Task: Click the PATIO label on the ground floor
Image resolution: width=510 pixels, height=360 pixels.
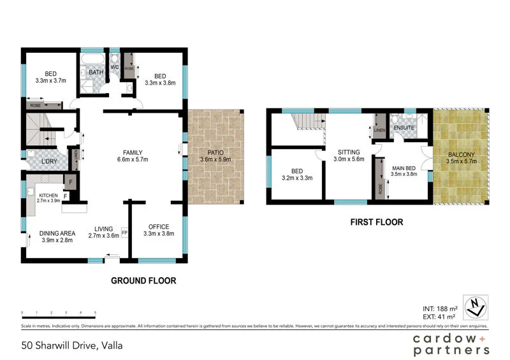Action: pyautogui.click(x=215, y=152)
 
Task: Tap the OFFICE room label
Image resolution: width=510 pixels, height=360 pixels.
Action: pyautogui.click(x=158, y=227)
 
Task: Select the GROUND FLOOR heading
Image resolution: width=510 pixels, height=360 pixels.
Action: pyautogui.click(x=143, y=280)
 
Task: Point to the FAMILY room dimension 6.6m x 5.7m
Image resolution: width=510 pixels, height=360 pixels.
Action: pyautogui.click(x=132, y=160)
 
